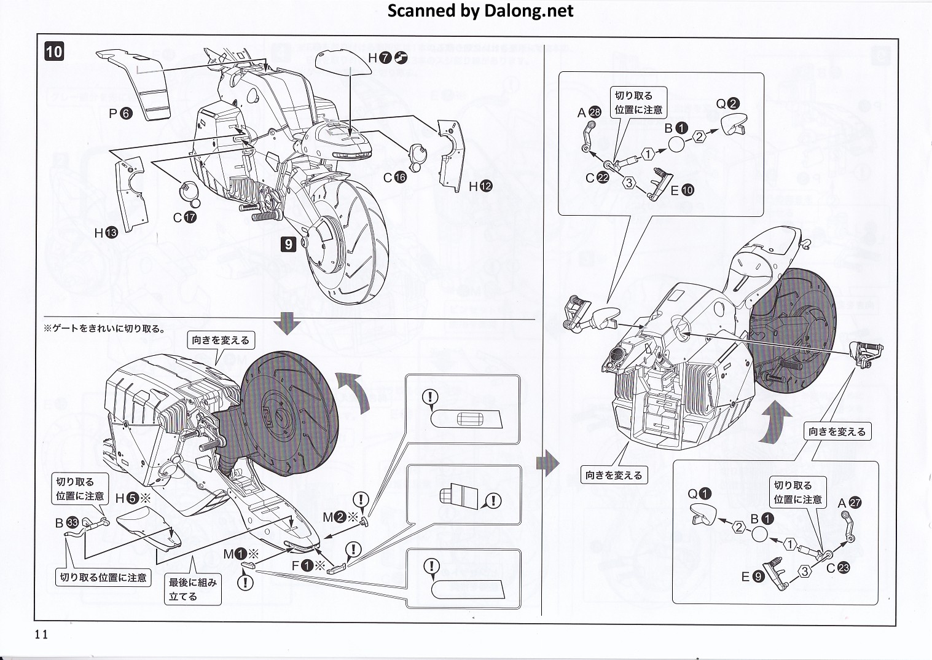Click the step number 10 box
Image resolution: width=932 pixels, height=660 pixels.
(x=54, y=51)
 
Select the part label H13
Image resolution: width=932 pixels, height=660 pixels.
(x=106, y=233)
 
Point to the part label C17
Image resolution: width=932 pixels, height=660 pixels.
(x=184, y=217)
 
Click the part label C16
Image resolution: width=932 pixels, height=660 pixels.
(x=394, y=178)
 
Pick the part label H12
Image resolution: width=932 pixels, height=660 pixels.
(x=480, y=186)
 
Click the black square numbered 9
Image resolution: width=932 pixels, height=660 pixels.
(x=289, y=244)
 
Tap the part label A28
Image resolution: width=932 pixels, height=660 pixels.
(x=589, y=112)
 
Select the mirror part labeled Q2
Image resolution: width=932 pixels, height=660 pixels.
(x=733, y=123)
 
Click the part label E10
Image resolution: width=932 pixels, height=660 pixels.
(x=681, y=191)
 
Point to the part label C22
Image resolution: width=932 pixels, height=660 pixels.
(x=597, y=178)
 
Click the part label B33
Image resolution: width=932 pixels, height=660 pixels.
(x=66, y=523)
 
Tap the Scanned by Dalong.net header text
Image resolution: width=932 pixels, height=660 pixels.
(x=480, y=10)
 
